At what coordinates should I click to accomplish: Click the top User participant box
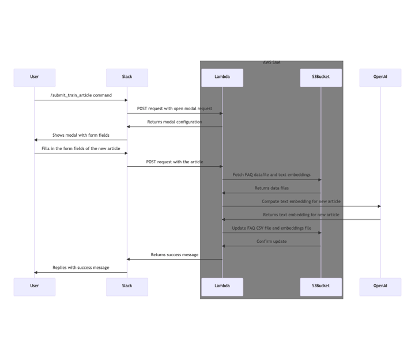(x=35, y=77)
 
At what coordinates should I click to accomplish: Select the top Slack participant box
(x=127, y=77)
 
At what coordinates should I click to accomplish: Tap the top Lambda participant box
(x=222, y=77)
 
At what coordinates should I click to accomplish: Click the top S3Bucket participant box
(x=321, y=77)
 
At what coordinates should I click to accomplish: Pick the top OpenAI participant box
(x=380, y=77)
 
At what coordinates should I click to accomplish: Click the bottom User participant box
(x=35, y=287)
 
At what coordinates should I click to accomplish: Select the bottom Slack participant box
(x=127, y=287)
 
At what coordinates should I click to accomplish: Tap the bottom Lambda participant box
(x=222, y=287)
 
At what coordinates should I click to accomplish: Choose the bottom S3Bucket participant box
(x=321, y=287)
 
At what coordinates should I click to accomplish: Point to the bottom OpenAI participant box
(x=380, y=287)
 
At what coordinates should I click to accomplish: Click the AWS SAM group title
(x=271, y=62)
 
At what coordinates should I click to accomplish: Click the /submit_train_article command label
(x=81, y=95)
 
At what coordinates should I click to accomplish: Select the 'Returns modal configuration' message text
(x=175, y=122)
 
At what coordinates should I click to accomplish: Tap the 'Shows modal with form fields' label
(x=81, y=135)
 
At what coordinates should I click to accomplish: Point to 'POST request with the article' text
(x=175, y=162)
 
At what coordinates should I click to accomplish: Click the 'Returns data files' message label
(x=271, y=188)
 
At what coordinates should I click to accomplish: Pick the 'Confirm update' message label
(x=271, y=241)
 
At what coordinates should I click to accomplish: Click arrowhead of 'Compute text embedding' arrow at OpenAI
(x=379, y=206)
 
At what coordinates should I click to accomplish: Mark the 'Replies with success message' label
(x=81, y=268)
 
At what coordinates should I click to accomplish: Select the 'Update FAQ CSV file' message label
(x=271, y=228)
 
